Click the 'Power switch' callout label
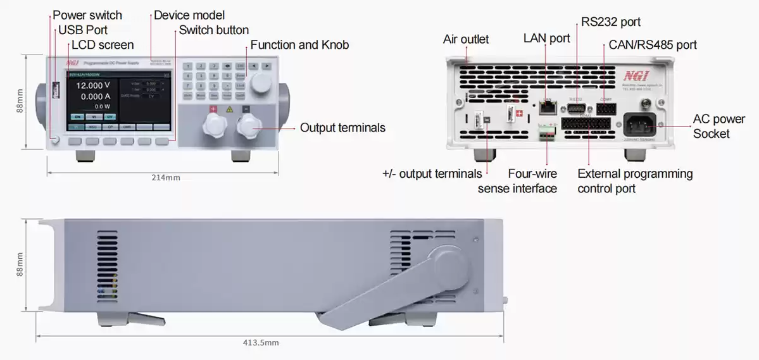point(87,15)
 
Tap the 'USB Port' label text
point(83,30)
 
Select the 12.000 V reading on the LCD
point(93,85)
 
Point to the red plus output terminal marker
point(213,109)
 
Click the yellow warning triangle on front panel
point(229,109)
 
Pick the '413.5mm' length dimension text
point(260,342)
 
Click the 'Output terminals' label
point(342,128)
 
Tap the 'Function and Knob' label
point(299,45)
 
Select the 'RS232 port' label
point(611,22)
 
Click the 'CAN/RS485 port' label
point(653,45)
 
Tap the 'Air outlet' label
point(466,39)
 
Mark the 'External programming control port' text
point(635,181)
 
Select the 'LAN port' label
point(547,39)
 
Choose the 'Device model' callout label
point(189,15)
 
